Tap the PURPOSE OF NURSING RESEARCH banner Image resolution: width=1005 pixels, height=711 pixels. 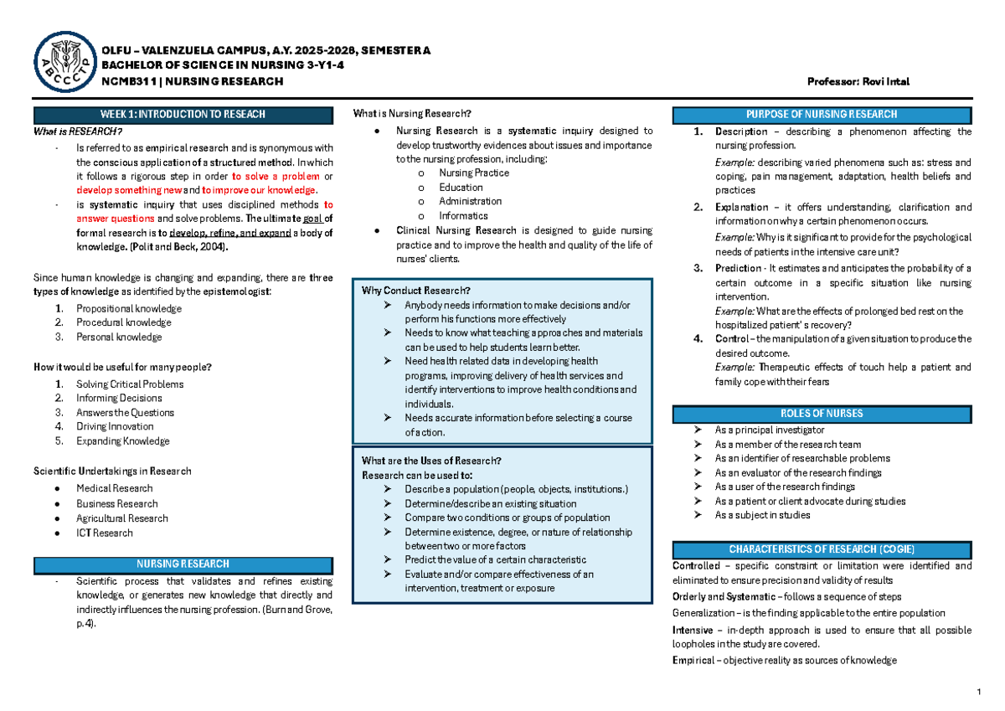[x=823, y=115]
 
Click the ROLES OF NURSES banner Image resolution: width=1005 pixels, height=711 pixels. [x=823, y=413]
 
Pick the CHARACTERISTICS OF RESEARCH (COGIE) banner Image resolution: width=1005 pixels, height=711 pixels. [x=823, y=549]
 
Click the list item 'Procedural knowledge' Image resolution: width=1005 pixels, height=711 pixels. [x=123, y=322]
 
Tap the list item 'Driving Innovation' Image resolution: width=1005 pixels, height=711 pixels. [x=115, y=426]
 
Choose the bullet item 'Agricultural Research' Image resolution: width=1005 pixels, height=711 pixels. [x=122, y=518]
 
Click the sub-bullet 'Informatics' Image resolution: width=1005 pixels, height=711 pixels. [x=463, y=215]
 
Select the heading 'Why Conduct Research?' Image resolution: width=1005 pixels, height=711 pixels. [x=410, y=291]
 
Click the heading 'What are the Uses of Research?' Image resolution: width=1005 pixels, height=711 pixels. [x=431, y=461]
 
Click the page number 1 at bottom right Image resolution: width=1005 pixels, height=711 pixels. [x=977, y=692]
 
